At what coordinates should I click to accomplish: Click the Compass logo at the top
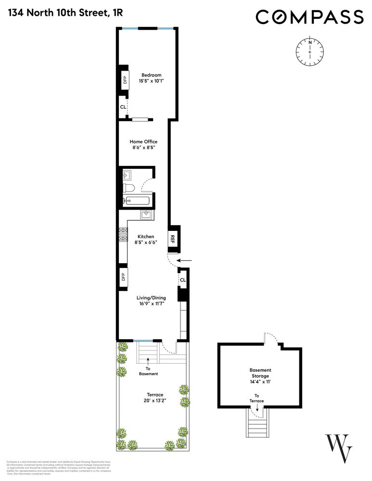pyautogui.click(x=309, y=17)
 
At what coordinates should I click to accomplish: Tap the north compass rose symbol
pyautogui.click(x=310, y=51)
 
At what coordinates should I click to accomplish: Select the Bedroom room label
pyautogui.click(x=151, y=75)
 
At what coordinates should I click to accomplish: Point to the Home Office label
pyautogui.click(x=143, y=141)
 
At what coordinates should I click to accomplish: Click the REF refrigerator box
pyautogui.click(x=173, y=239)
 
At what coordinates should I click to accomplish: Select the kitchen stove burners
pyautogui.click(x=122, y=234)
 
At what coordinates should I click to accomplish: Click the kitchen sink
pyautogui.click(x=146, y=215)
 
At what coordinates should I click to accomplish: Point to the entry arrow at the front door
pyautogui.click(x=183, y=261)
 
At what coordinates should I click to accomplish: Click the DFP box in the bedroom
pyautogui.click(x=124, y=80)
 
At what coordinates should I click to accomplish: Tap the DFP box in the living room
pyautogui.click(x=123, y=277)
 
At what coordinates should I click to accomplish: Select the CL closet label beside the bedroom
pyautogui.click(x=123, y=107)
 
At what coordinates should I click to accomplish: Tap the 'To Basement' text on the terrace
pyautogui.click(x=148, y=371)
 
